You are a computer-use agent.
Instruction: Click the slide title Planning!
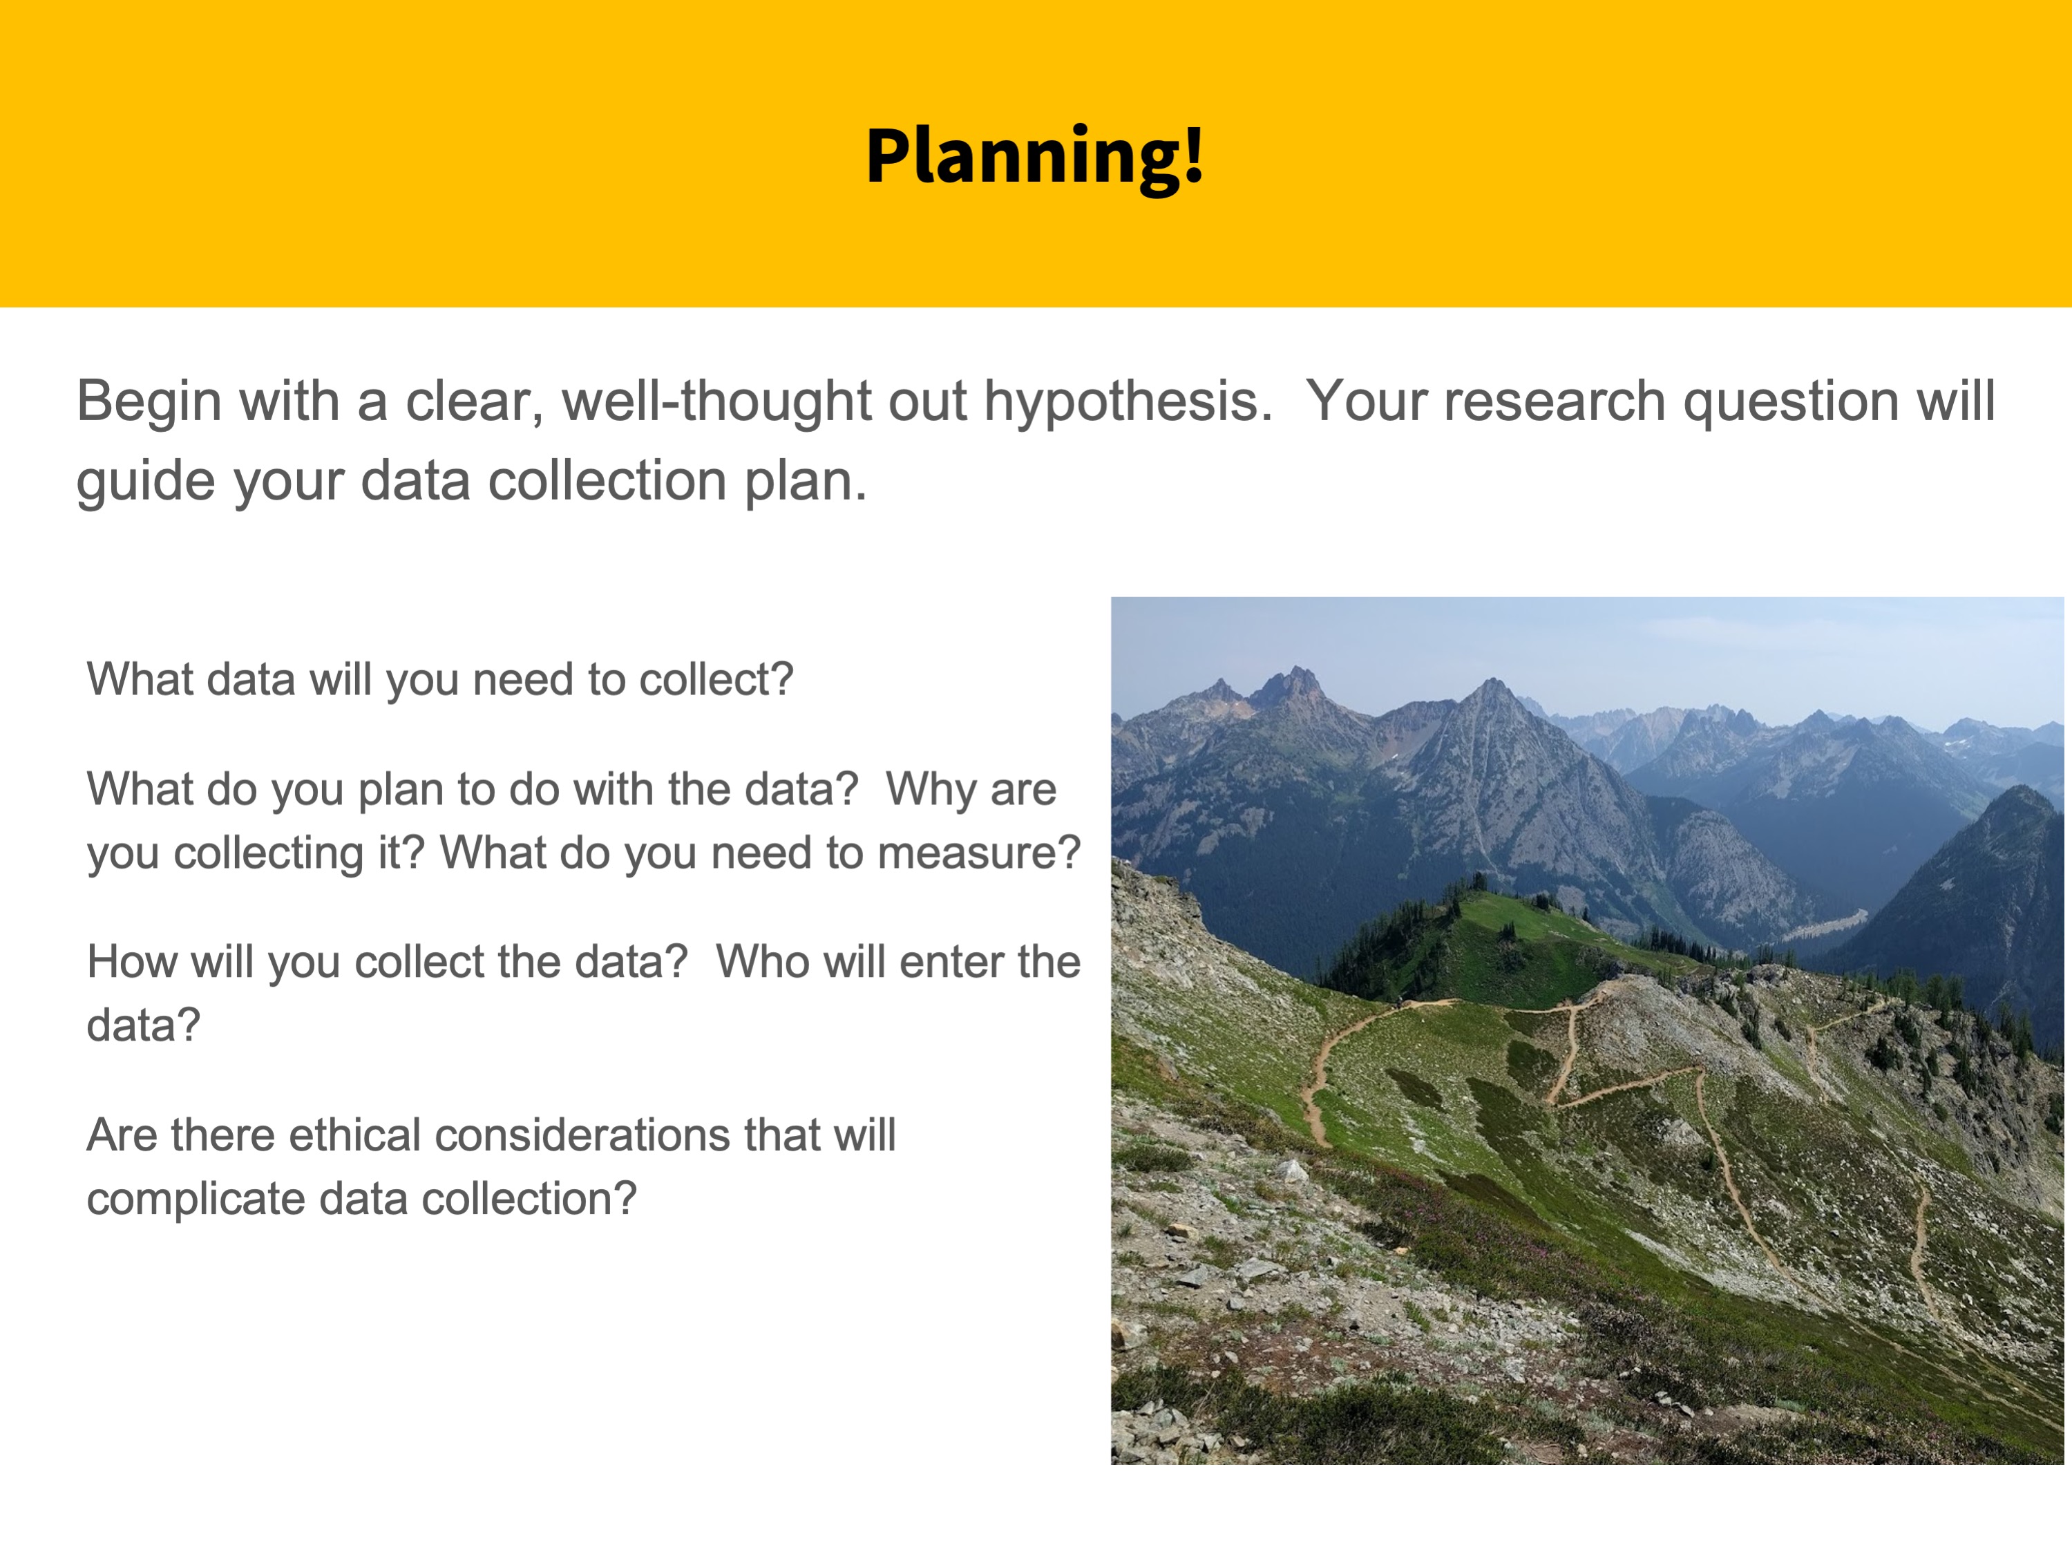pos(1034,158)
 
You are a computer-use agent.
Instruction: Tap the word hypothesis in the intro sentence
pos(1128,404)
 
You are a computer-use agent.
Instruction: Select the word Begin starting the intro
pos(150,404)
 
